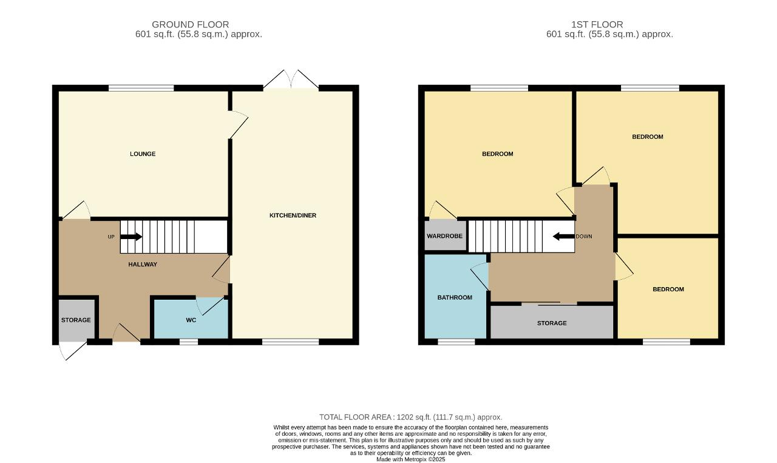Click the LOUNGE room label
point(143,154)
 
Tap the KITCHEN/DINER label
point(293,215)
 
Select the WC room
point(191,319)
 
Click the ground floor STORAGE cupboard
point(76,320)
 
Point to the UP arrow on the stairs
point(131,237)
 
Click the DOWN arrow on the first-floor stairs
point(564,237)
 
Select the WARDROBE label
point(445,236)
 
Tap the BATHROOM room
point(455,297)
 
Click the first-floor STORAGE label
point(552,323)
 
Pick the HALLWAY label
point(143,265)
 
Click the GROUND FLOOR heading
point(191,25)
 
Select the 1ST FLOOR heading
point(597,25)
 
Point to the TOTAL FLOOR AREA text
point(411,417)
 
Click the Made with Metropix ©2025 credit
point(411,459)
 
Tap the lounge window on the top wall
point(141,88)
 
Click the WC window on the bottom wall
point(189,342)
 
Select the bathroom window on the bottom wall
point(456,342)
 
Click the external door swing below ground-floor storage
point(72,350)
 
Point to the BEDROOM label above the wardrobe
point(497,154)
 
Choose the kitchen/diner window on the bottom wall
point(290,342)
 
